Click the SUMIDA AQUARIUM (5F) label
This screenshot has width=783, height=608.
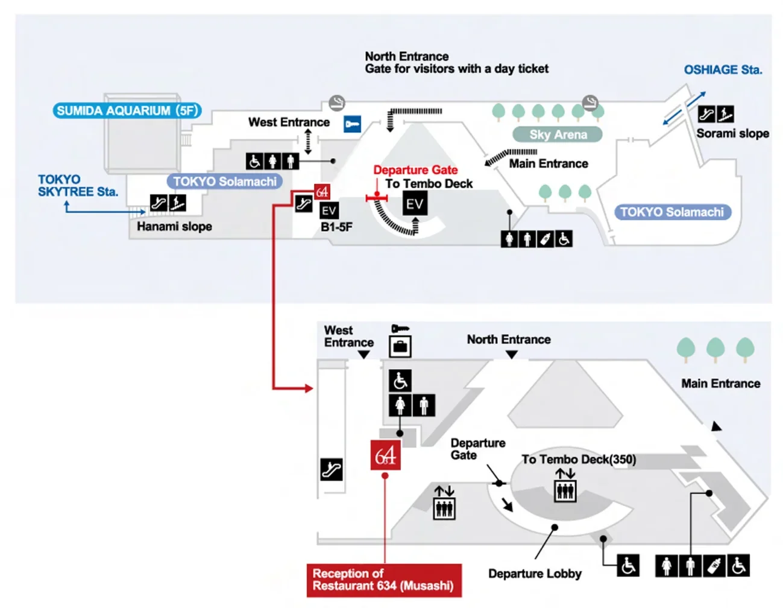pyautogui.click(x=127, y=110)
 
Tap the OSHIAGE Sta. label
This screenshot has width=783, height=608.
pyautogui.click(x=723, y=69)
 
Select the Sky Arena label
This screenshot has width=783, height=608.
pyautogui.click(x=558, y=135)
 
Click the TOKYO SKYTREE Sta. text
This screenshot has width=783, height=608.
pyautogui.click(x=78, y=185)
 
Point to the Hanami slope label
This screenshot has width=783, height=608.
pyautogui.click(x=174, y=226)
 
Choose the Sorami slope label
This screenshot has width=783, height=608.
pyautogui.click(x=732, y=133)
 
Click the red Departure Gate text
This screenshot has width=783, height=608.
pyautogui.click(x=415, y=169)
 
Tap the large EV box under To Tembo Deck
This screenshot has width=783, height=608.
pyautogui.click(x=415, y=204)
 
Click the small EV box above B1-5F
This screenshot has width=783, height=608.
pyautogui.click(x=329, y=211)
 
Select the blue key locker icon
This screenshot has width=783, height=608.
pyautogui.click(x=352, y=124)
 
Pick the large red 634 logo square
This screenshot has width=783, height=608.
pyautogui.click(x=385, y=455)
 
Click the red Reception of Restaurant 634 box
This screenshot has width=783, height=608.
pyautogui.click(x=384, y=580)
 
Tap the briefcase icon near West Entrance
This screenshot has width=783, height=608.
pyautogui.click(x=400, y=347)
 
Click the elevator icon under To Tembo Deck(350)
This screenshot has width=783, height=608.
pyautogui.click(x=565, y=491)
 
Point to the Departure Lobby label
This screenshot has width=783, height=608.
pyautogui.click(x=535, y=574)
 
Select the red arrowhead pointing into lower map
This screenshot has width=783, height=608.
pyautogui.click(x=309, y=388)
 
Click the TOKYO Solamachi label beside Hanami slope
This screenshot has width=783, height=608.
pyautogui.click(x=224, y=182)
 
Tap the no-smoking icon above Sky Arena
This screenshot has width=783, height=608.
pyautogui.click(x=590, y=103)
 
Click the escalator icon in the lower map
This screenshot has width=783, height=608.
pyautogui.click(x=331, y=470)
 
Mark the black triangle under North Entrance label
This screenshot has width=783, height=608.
pyautogui.click(x=511, y=355)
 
